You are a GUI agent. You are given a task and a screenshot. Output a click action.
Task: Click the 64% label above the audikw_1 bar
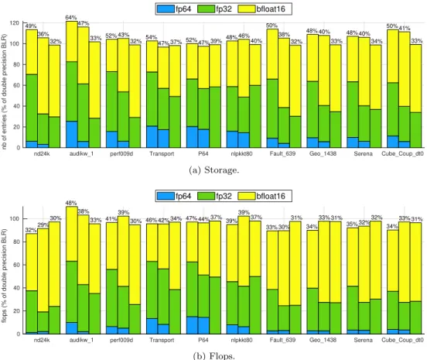[x=71, y=18]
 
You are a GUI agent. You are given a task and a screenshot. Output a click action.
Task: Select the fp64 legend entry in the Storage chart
[x=174, y=9]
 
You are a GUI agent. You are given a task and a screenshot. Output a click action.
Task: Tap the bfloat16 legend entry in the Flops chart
[x=261, y=196]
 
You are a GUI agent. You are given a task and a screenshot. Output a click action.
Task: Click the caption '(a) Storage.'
[x=213, y=170]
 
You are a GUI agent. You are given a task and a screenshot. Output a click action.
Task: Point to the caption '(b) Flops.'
[x=213, y=355]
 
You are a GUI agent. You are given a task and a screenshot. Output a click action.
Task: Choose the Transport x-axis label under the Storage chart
[x=162, y=154]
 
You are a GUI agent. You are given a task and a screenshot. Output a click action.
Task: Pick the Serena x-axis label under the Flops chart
[x=363, y=340]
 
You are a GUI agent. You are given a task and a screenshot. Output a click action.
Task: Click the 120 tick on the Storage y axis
[x=15, y=23]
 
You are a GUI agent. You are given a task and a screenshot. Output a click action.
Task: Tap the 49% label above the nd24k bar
[x=31, y=26]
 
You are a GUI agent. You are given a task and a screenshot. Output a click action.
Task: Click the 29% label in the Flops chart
[x=43, y=225]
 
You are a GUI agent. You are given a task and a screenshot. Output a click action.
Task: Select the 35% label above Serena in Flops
[x=352, y=224]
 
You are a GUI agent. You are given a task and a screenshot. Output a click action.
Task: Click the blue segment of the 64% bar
[x=72, y=135]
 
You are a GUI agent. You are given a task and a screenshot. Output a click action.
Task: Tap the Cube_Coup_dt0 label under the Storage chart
[x=402, y=154]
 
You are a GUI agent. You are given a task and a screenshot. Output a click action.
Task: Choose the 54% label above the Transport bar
[x=152, y=37]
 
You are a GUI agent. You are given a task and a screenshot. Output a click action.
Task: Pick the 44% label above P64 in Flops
[x=203, y=219]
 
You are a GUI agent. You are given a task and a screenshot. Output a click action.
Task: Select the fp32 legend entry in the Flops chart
[x=214, y=196]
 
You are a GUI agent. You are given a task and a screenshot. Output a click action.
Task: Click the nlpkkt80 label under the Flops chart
[x=241, y=340]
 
